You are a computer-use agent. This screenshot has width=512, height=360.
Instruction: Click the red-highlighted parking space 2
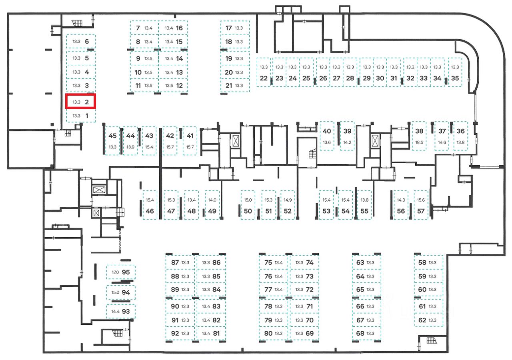pos(81,102)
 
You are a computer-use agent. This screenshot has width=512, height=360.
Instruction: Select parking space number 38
pos(419,136)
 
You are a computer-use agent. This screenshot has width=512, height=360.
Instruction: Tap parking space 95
pos(121,272)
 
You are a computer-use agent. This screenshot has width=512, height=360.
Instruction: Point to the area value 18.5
pos(419,142)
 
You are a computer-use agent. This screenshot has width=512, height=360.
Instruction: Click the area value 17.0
pos(115,272)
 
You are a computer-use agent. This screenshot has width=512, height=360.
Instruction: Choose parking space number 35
pos(455,73)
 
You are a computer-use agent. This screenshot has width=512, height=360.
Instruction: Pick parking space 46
pos(150,205)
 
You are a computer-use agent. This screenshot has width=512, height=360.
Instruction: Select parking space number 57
pos(420,205)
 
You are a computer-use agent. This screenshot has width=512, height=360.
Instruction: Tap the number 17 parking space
pos(235,28)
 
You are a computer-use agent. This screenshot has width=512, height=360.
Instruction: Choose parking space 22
pos(263,73)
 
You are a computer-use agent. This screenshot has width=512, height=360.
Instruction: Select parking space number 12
pos(173,85)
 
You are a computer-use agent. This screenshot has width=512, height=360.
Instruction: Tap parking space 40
pos(327,136)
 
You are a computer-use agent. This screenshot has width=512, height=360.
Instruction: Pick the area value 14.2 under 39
pos(347,142)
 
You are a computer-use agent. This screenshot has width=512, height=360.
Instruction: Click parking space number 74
pos(304,263)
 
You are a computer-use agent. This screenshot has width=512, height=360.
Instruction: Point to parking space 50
pos(248,205)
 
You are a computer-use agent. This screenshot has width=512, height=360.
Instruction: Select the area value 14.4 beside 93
pos(116,311)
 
